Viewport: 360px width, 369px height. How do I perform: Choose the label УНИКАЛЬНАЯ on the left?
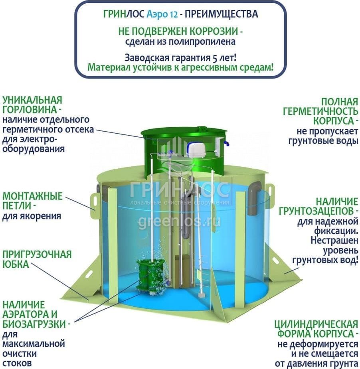tap(32, 100)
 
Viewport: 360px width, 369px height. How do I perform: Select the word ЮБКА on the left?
tap(16, 264)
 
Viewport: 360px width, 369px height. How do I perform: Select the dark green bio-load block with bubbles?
tap(150, 274)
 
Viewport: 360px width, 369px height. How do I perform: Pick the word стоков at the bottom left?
tap(17, 363)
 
